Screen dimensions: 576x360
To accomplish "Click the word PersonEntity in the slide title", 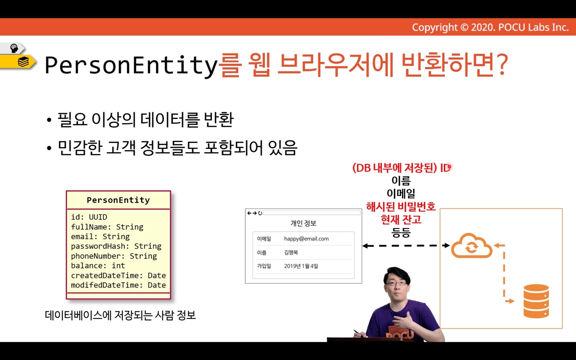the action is pos(131,65).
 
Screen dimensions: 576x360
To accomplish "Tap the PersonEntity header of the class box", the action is pos(118,200).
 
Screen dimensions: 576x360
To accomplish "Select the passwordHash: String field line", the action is pos(116,246).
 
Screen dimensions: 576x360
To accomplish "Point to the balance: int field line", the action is pos(98,266).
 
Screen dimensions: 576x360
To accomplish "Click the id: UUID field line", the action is pos(89,217).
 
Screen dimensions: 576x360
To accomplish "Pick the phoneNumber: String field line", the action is pos(114,256).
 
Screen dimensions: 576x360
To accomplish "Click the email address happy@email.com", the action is pos(306,238).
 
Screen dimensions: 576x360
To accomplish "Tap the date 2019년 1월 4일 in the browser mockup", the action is pos(301,266).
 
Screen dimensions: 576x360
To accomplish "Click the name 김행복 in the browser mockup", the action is pos(291,253).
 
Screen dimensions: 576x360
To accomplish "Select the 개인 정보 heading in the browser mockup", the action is pos(303,223).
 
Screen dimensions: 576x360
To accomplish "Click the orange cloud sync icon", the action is pos(472,246).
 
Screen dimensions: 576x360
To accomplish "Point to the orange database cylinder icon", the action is pos(536,301).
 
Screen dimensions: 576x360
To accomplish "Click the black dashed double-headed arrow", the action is pos(406,246).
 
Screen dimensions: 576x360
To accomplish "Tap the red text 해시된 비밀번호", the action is pos(401,206).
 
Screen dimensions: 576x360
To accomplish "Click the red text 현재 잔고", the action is pos(401,219).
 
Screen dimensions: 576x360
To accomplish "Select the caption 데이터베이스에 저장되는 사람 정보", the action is pos(120,315).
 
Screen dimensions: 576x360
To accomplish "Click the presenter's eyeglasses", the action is pos(396,283).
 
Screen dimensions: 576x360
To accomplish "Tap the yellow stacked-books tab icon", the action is pos(23,62).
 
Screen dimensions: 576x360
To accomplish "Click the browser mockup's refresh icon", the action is pos(260,213).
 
